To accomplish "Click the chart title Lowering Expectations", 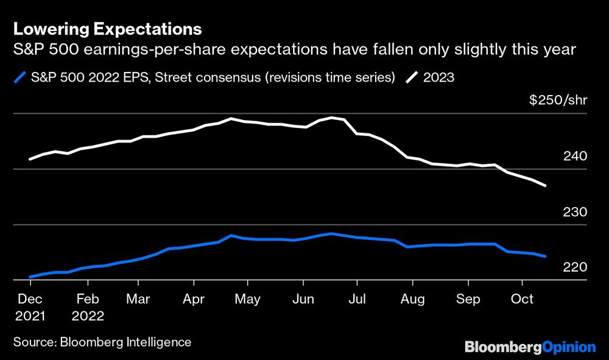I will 107,29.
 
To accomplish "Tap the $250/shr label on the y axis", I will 558,100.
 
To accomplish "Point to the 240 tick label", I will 575,156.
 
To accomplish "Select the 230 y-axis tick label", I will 575,212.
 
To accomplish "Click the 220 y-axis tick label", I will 575,267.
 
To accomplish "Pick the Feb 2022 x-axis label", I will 88,308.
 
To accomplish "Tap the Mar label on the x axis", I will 139,299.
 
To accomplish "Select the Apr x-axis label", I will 194,299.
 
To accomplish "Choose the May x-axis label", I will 247,299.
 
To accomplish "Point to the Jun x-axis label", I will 303,299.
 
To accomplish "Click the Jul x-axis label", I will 357,299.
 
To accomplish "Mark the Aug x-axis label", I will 412,299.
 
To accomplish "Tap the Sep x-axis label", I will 468,299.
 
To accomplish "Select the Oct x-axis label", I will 522,299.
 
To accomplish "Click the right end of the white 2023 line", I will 545,185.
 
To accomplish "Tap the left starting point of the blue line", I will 30,277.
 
